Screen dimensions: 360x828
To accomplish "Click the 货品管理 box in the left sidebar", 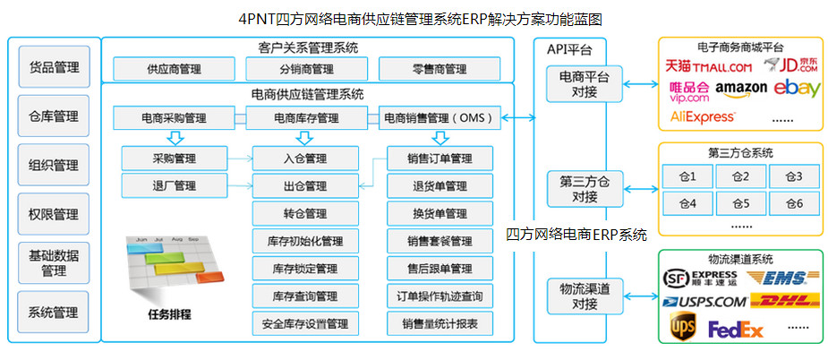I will coord(54,67).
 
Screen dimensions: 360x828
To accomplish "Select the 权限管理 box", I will coord(54,214).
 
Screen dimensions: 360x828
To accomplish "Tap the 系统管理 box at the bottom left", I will coord(54,313).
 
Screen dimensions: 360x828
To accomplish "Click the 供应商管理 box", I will coord(173,69).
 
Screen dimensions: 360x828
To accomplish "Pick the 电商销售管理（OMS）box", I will coord(440,117).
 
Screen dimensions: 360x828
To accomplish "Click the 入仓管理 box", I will coord(303,159).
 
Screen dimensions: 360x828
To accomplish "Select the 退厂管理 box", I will coord(174,186).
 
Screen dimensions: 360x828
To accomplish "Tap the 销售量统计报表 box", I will coord(440,322).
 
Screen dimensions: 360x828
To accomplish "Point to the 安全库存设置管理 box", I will coord(304,322).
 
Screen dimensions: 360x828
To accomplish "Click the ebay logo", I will coord(797,88).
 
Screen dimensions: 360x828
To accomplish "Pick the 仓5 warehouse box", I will coord(739,204).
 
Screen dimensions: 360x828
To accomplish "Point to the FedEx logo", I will coord(736,330).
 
